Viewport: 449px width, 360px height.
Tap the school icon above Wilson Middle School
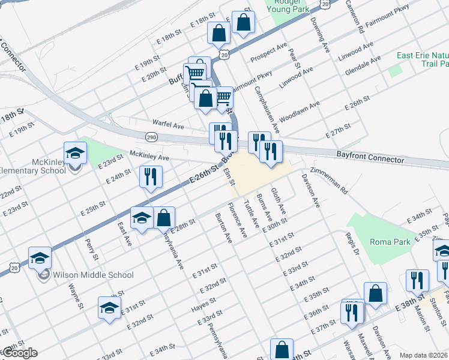[40, 258]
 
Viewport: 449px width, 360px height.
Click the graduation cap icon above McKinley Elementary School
[75, 153]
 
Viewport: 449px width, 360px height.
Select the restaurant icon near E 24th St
[150, 176]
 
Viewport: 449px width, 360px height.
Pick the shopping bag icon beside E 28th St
[164, 218]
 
